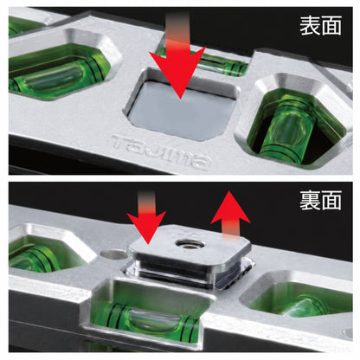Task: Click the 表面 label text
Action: pos(320,25)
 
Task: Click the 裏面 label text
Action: pos(320,200)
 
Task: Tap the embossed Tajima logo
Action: pos(160,152)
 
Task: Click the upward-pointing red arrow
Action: pos(230,215)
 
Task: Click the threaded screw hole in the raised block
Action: pos(190,245)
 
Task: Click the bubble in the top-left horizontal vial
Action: pos(55,77)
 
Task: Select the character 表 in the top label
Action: pos(310,25)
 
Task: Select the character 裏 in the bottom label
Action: pos(310,200)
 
